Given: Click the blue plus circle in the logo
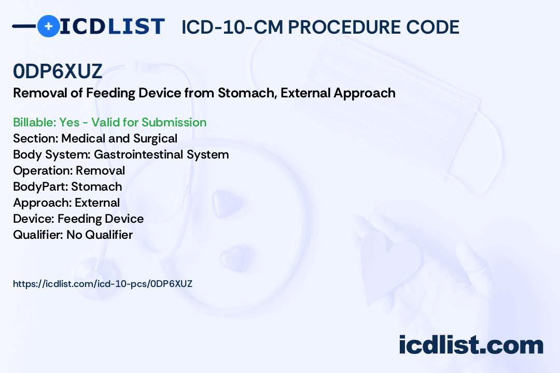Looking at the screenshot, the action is click(x=48, y=26).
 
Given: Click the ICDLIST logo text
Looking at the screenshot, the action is click(x=112, y=26).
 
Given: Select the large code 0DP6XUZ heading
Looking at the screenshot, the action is click(x=58, y=71).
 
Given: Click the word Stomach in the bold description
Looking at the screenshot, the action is click(x=247, y=93).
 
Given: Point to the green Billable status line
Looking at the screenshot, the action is click(x=109, y=122).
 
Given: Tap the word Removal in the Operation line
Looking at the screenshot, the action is click(x=101, y=170).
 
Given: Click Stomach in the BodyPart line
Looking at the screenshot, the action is click(x=96, y=187).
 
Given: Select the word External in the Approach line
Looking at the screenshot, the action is click(x=97, y=203).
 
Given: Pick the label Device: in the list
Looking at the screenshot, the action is click(x=34, y=219).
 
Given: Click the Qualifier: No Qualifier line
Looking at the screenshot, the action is click(x=73, y=235).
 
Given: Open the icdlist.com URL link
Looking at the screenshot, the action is click(x=103, y=284).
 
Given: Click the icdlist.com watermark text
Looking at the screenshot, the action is click(x=471, y=345).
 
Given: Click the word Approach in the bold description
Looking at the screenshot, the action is click(x=365, y=93).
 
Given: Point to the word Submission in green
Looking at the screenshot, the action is click(x=174, y=122).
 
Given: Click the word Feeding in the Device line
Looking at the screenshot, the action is click(x=79, y=219).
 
